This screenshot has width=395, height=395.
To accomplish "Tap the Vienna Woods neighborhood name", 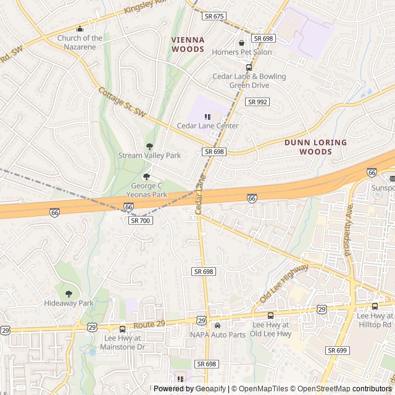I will coord(188,44).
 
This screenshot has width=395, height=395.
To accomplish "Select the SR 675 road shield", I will coord(214,16).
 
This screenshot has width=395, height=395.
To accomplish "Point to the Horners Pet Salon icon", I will coord(241,43).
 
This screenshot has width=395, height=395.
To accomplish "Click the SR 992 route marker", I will coord(257,102).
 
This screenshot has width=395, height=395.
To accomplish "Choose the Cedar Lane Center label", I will coord(207,126).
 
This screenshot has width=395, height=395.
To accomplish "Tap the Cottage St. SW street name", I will coord(121,102).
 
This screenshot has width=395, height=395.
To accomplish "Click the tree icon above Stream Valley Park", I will coord(149,146).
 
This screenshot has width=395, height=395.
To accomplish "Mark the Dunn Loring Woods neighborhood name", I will coord(315,147).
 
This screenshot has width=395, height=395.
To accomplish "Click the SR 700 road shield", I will coord(140,220).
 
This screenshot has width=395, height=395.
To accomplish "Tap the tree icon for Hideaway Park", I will coord(69,294).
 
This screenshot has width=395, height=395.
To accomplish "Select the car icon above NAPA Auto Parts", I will coord(217,325).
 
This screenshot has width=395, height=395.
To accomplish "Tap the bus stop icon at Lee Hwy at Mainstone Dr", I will coord(122,329).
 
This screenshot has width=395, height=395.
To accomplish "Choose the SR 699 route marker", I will coord(338,350).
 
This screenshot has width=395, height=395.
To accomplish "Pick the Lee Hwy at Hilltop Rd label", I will coord(375,320).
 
